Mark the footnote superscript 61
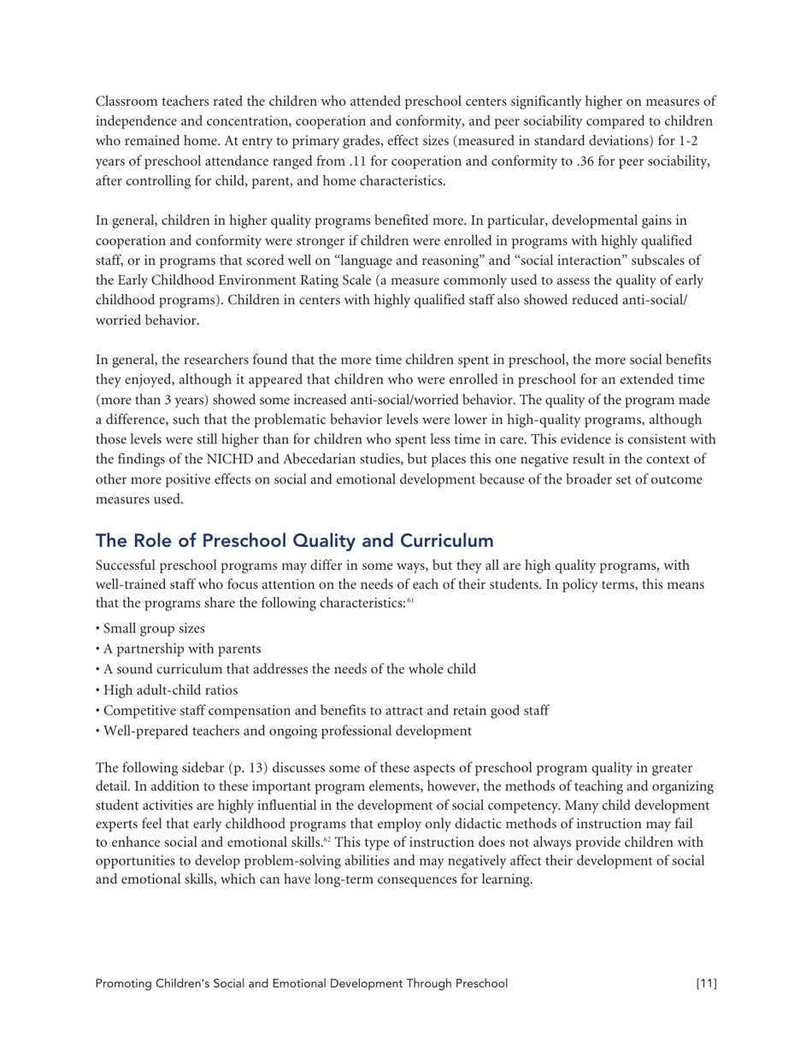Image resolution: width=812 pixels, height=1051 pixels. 410,602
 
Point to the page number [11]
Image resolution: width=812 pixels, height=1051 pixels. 705,983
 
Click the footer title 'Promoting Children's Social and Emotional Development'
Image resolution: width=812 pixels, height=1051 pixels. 301,983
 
